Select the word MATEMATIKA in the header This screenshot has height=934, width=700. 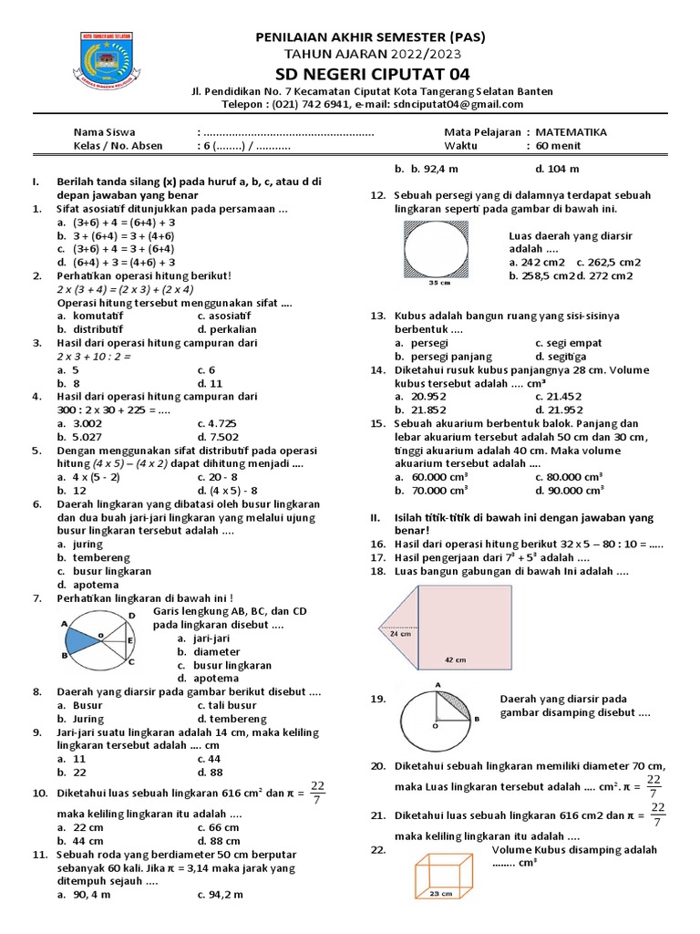pos(571,131)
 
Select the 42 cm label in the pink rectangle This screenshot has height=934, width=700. pos(455,659)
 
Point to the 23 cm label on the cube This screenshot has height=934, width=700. pos(440,893)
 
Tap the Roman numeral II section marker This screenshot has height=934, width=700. pos(374,517)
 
